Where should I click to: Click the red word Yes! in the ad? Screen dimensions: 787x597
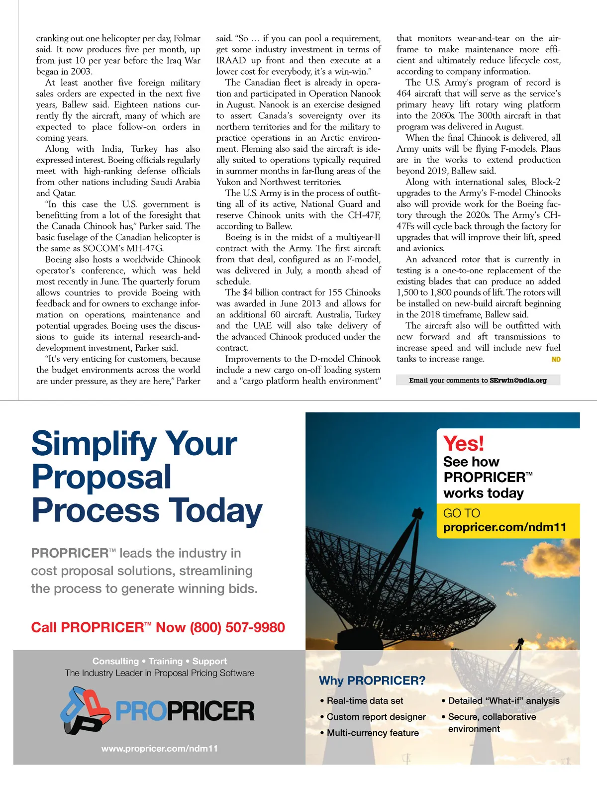click(x=463, y=443)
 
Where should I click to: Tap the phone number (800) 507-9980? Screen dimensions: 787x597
click(x=237, y=627)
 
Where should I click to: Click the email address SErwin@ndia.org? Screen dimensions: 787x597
click(x=518, y=381)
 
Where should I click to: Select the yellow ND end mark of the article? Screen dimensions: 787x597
click(x=556, y=359)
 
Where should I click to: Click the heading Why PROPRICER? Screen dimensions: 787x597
click(x=372, y=680)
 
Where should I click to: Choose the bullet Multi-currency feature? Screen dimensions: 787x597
click(x=373, y=733)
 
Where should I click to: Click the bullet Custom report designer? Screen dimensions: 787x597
click(x=376, y=717)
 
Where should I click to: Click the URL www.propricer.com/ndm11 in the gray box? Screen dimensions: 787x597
click(x=159, y=749)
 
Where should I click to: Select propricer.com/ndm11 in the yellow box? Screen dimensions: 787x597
click(x=504, y=527)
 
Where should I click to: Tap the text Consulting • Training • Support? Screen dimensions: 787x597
click(x=159, y=661)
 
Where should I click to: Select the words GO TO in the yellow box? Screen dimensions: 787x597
click(x=462, y=513)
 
